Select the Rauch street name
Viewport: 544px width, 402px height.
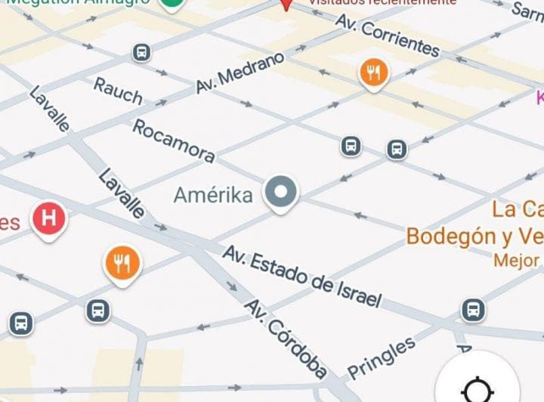point(118,91)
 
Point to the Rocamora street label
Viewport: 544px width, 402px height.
point(174,141)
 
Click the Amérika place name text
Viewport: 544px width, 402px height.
point(213,195)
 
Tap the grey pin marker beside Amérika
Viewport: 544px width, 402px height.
point(281,193)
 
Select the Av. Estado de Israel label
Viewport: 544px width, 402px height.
point(301,275)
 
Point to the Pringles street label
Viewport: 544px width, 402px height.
point(382,357)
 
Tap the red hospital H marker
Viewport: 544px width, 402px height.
point(49,219)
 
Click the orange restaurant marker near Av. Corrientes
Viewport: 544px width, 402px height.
point(372,73)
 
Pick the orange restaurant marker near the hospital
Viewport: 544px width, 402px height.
point(122,263)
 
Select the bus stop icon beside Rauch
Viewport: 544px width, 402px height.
point(141,52)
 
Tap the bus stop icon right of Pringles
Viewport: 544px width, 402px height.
point(473,308)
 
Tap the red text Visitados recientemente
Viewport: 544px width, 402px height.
point(382,2)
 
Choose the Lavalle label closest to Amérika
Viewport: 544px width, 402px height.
point(121,193)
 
